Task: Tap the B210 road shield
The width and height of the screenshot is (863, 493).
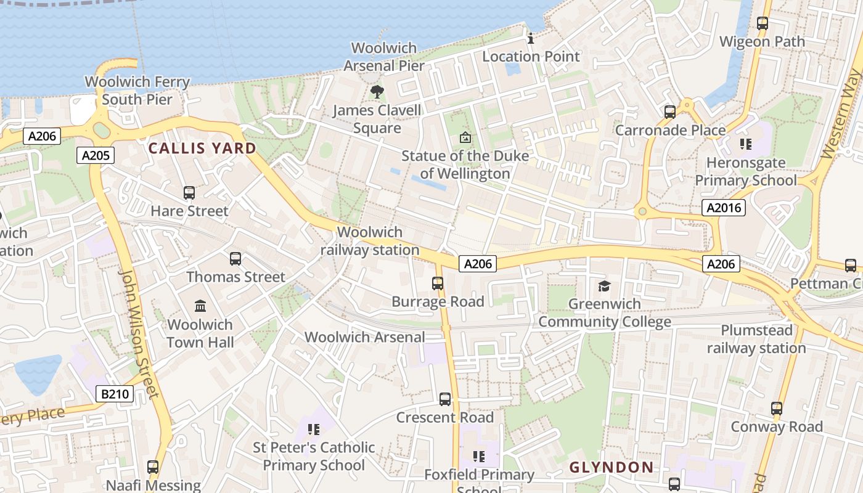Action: (x=115, y=393)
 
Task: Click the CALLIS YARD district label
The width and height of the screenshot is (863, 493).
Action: (x=202, y=148)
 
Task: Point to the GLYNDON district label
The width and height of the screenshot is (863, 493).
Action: (x=611, y=467)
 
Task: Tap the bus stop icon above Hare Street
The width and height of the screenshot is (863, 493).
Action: (x=189, y=193)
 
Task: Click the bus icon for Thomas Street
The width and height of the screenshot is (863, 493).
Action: (x=235, y=259)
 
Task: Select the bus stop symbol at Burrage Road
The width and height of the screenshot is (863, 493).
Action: (x=438, y=283)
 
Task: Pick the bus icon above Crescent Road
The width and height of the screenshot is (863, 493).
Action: (x=445, y=399)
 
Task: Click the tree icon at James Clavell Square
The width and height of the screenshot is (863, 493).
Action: (x=377, y=92)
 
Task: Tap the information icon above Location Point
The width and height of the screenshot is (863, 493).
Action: (x=531, y=39)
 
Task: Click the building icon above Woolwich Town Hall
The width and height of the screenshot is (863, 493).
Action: (x=200, y=306)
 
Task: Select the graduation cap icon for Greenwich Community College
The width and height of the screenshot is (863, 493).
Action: (x=604, y=286)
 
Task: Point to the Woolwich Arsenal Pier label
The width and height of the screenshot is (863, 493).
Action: (x=383, y=57)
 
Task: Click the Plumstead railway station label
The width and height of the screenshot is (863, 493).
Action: (x=756, y=339)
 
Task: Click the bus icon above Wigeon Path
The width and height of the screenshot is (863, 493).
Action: (x=763, y=24)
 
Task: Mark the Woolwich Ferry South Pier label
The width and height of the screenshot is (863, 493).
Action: (x=137, y=90)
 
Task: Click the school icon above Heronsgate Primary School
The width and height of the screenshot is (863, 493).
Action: (x=746, y=145)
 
